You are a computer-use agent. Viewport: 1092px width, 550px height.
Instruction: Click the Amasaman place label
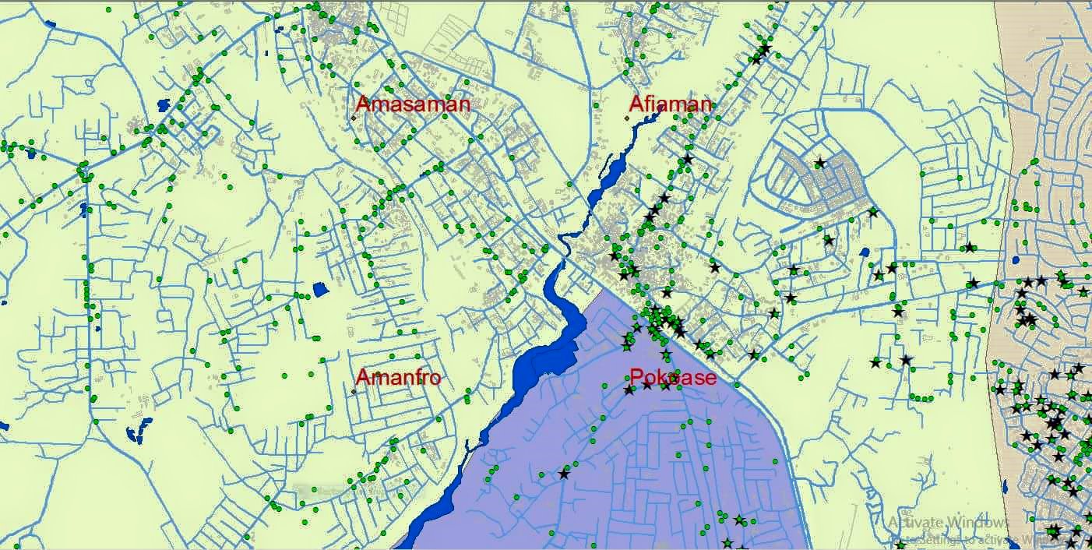(x=413, y=104)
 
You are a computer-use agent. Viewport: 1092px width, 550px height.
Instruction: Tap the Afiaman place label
(x=671, y=104)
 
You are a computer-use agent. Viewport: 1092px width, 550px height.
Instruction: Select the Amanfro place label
(x=398, y=378)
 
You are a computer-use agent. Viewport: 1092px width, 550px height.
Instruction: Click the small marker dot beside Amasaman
(x=354, y=118)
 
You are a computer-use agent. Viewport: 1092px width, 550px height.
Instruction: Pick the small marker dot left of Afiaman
(x=627, y=118)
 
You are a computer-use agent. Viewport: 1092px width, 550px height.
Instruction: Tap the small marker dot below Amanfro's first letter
(x=354, y=391)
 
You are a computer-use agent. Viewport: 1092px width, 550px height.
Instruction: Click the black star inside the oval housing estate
(x=819, y=163)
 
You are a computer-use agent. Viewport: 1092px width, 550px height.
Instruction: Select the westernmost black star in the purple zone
(x=564, y=473)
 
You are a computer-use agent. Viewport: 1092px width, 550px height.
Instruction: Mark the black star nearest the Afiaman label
(x=687, y=159)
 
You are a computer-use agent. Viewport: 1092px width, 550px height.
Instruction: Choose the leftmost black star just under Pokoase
(x=629, y=390)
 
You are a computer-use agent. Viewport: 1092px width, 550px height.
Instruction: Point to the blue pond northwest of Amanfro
(x=320, y=291)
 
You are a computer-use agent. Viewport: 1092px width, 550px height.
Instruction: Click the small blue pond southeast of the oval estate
(x=864, y=252)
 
